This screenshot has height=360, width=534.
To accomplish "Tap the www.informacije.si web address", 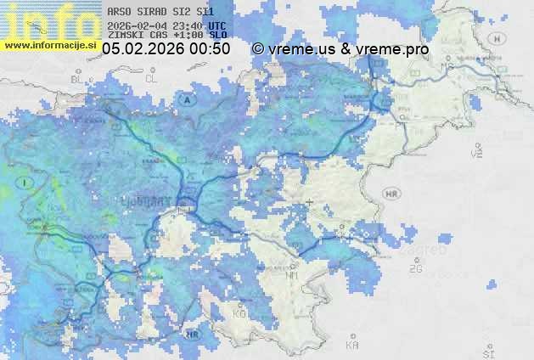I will point(50,45).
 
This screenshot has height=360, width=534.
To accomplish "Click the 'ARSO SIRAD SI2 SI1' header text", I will point(161,13).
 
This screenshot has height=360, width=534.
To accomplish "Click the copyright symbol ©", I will point(258,49).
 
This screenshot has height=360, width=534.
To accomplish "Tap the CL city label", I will point(152,78).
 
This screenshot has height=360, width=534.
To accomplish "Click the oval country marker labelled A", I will point(186,99).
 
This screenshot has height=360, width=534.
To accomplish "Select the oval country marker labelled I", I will point(27,182).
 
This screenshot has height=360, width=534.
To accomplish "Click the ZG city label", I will point(415,269).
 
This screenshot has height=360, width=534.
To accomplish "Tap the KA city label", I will point(352,346).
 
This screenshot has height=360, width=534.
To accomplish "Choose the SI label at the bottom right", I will point(487,352).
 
